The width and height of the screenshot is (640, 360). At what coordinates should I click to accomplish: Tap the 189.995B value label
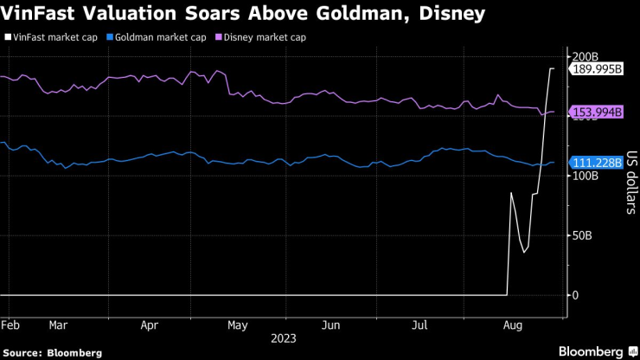click(597, 69)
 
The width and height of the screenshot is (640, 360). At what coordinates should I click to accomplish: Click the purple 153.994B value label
click(597, 112)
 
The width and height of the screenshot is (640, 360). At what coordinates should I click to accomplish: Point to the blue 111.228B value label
click(597, 163)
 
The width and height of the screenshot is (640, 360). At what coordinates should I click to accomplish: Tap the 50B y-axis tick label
click(583, 235)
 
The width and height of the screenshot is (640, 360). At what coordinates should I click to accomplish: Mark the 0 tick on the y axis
click(576, 295)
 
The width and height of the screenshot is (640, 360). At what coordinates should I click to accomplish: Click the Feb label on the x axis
click(11, 325)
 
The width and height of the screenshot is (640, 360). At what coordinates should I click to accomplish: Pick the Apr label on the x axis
click(149, 325)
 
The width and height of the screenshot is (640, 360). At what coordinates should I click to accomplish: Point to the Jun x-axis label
click(330, 325)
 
